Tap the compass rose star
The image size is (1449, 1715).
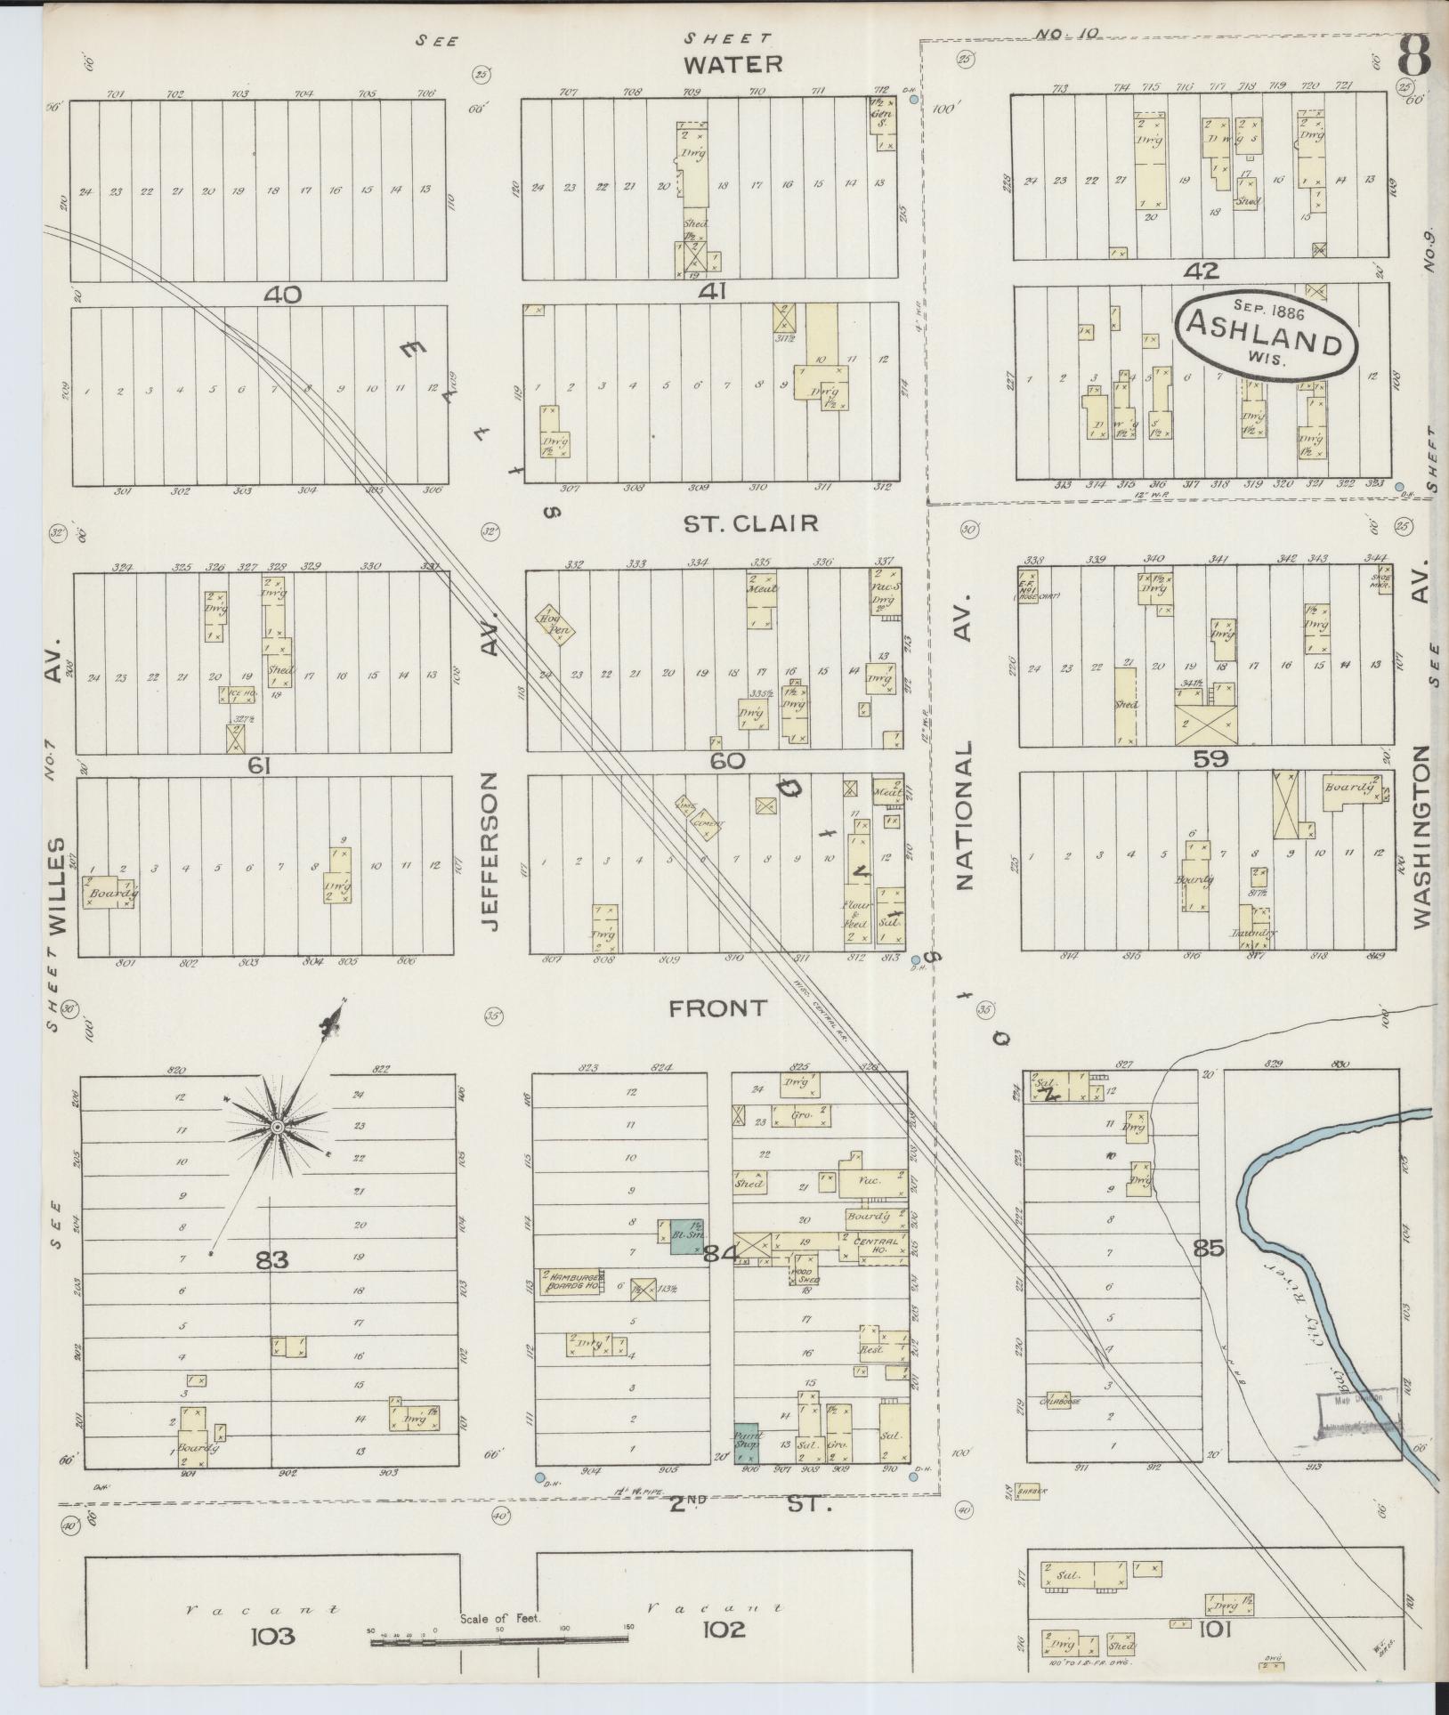tap(277, 1128)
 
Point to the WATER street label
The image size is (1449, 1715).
tap(733, 64)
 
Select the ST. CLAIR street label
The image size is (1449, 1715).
tap(750, 522)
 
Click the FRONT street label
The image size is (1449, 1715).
tap(717, 1007)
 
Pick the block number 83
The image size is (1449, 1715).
tap(272, 1259)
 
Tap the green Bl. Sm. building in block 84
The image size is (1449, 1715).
tap(685, 1237)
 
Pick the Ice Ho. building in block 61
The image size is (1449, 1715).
tap(237, 695)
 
